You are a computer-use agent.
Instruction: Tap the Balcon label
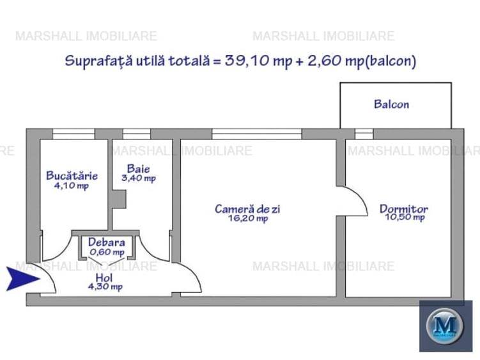[x=391, y=104]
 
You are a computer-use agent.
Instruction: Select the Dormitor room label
[x=404, y=208]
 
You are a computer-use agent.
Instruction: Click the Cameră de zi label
[x=247, y=208]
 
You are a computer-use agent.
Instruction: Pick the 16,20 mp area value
[x=248, y=218]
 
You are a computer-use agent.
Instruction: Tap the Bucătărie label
[x=72, y=175]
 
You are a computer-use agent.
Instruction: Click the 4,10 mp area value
[x=72, y=186]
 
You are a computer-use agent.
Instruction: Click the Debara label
[x=107, y=243]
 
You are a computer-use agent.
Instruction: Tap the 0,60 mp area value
[x=107, y=252]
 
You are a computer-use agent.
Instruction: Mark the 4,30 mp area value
[x=107, y=286]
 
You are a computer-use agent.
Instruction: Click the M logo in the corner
[x=445, y=326]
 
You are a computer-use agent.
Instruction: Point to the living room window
[x=256, y=134]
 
